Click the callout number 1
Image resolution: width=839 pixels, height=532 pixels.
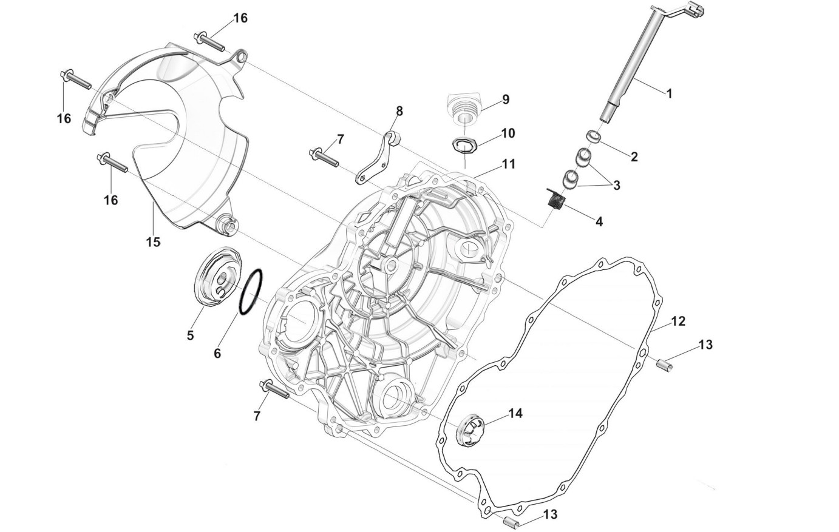point(669,93)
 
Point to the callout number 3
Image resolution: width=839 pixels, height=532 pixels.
point(616,185)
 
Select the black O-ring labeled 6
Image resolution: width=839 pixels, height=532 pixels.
point(251,292)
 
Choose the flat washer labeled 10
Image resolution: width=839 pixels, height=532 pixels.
point(465,145)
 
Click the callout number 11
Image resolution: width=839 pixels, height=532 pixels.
point(508,164)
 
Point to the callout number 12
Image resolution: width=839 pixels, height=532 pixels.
point(678,322)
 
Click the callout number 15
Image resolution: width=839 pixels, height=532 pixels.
point(153,242)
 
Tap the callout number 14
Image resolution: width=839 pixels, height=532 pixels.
point(515,414)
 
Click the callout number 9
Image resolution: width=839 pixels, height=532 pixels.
point(505,99)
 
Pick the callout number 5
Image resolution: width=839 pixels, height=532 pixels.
point(190,335)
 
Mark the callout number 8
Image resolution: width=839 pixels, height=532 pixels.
point(399,111)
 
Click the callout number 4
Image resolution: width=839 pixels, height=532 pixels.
point(599,221)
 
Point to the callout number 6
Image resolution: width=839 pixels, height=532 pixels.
point(217,352)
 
